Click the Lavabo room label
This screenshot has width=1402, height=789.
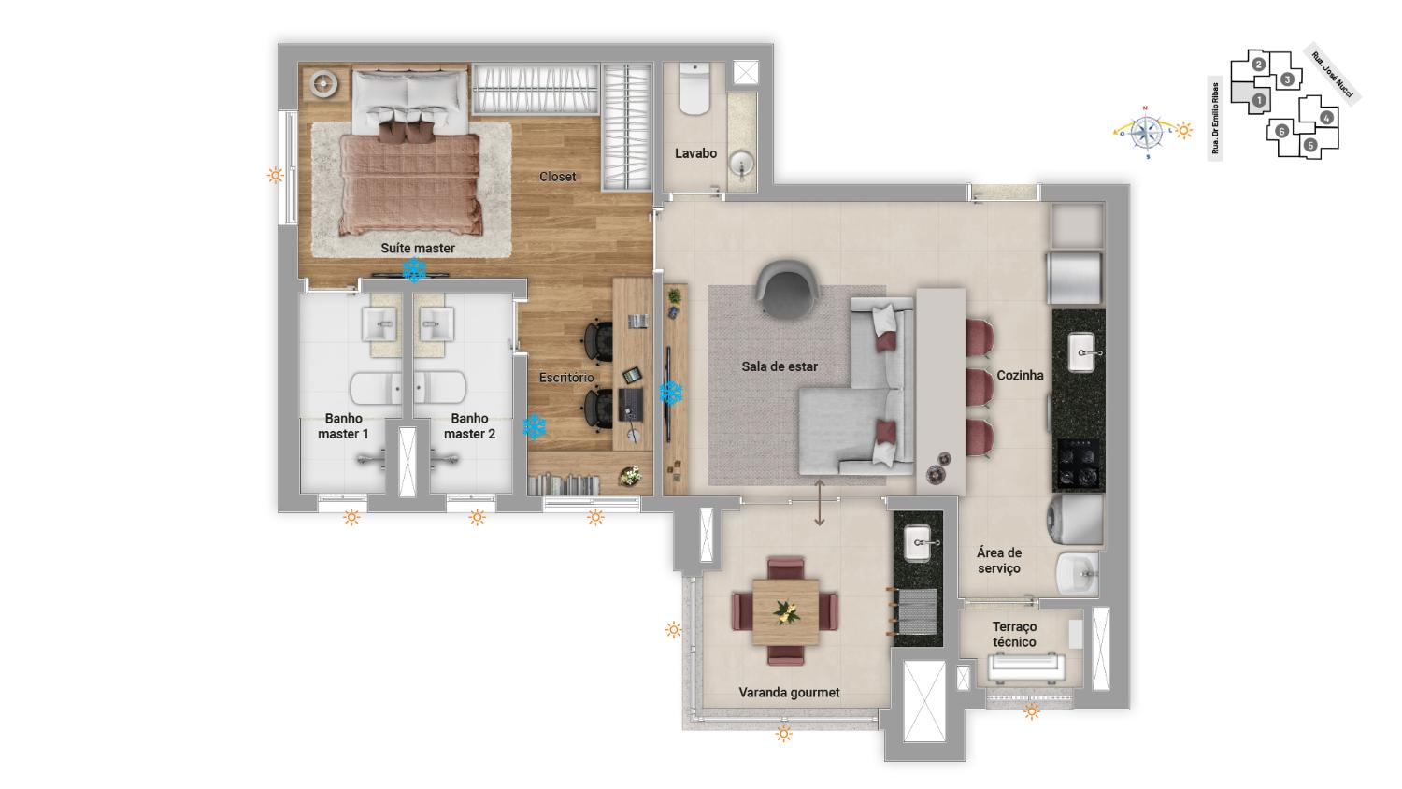[x=695, y=153]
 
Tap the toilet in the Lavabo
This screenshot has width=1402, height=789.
[x=694, y=88]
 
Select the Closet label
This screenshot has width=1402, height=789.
[x=557, y=177]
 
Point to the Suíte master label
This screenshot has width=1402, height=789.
[x=418, y=248]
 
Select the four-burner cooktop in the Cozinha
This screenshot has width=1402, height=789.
[x=1079, y=464]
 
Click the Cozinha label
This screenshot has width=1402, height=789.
[x=1020, y=375]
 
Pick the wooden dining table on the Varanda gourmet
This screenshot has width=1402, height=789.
[x=785, y=611]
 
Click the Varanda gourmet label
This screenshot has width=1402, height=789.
[x=789, y=693]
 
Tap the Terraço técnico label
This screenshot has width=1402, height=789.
[x=1014, y=635]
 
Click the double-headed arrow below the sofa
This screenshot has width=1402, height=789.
[x=819, y=502]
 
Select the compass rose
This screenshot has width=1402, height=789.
[x=1146, y=132]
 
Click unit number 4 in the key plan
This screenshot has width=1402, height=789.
[x=1325, y=117]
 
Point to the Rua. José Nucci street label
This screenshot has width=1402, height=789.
[x=1332, y=75]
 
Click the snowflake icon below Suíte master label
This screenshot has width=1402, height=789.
[x=414, y=270]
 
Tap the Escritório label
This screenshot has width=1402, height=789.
[x=566, y=378]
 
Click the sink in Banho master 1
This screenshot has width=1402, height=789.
[x=379, y=324]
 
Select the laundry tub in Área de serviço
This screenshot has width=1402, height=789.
[x=1077, y=573]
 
